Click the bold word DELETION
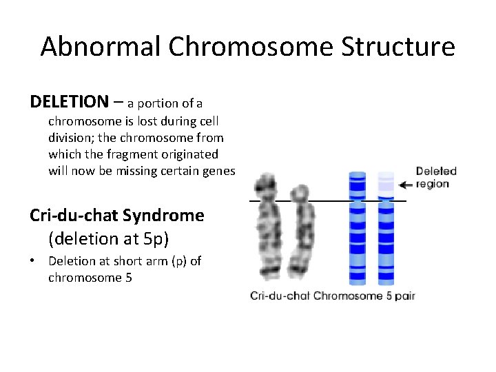(x=69, y=102)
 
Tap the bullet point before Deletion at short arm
(x=33, y=262)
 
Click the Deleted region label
(x=435, y=178)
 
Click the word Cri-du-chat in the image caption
(x=280, y=296)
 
